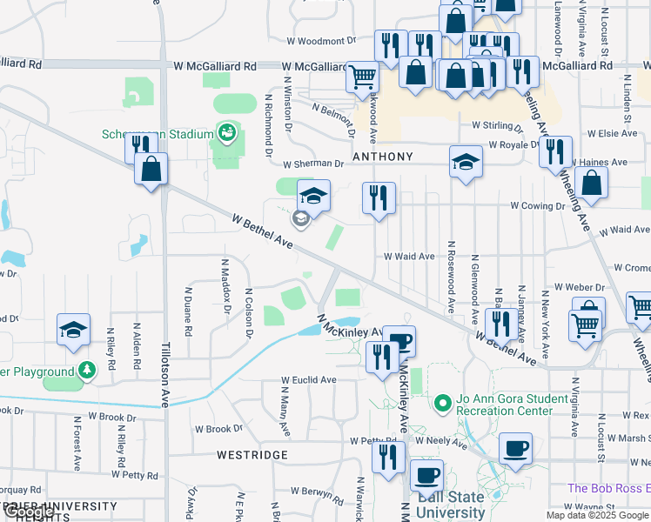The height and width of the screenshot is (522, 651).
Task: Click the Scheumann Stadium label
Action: [157, 134]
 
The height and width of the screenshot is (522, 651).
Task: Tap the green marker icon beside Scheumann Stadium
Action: [227, 132]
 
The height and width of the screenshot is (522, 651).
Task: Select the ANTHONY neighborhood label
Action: [382, 157]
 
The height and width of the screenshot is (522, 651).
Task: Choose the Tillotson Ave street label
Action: [164, 375]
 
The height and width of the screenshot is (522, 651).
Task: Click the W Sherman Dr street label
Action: [313, 163]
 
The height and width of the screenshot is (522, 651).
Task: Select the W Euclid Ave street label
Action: [308, 380]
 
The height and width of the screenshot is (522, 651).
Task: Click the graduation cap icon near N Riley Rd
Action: [74, 329]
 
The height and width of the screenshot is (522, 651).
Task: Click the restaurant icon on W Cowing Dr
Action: [379, 197]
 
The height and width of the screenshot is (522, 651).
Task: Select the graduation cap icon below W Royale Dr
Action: [466, 161]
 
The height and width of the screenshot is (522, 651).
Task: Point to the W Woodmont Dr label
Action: [322, 41]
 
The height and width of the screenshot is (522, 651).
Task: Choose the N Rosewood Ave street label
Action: [451, 278]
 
